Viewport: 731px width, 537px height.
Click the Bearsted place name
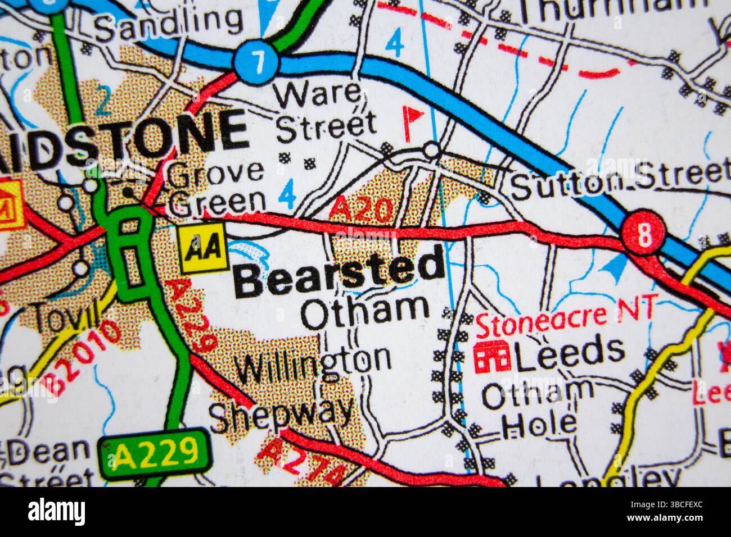pyautogui.click(x=339, y=273)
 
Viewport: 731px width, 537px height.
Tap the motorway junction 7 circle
pyautogui.click(x=258, y=62)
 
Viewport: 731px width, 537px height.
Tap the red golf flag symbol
pyautogui.click(x=413, y=118)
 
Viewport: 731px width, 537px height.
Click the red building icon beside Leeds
pyautogui.click(x=492, y=356)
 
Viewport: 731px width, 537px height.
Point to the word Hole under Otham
pyautogui.click(x=539, y=424)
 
